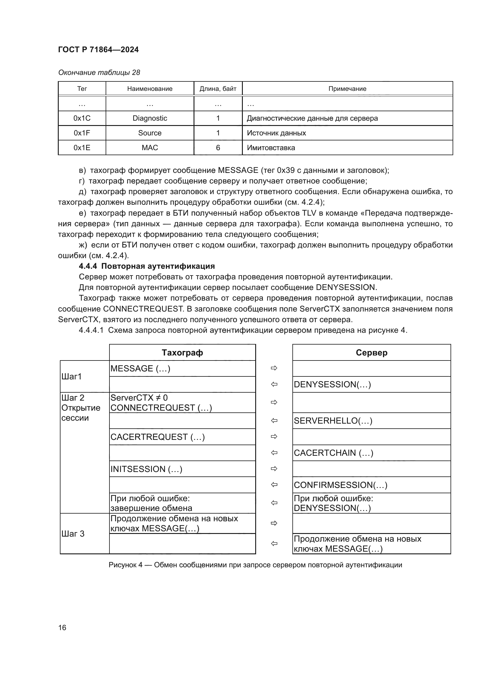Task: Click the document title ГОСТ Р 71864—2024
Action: point(98,50)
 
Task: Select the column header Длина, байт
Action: point(218,89)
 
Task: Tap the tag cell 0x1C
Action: point(82,118)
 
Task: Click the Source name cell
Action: point(150,133)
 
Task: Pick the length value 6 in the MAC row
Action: point(218,147)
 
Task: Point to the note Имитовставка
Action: point(271,147)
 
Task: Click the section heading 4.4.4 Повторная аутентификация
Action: point(147,266)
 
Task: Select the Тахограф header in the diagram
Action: point(182,353)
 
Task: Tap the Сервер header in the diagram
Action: point(371,353)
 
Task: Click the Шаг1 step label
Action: point(71,376)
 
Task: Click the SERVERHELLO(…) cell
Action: point(333,421)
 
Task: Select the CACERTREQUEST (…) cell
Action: point(158,437)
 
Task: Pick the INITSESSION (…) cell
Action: point(146,469)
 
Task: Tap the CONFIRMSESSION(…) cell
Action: point(340,485)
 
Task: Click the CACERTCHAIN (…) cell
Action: point(334,453)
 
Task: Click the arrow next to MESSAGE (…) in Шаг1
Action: point(274,368)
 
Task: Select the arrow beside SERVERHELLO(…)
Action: point(274,421)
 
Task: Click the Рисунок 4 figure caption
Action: point(255,565)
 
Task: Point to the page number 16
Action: point(62,627)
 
